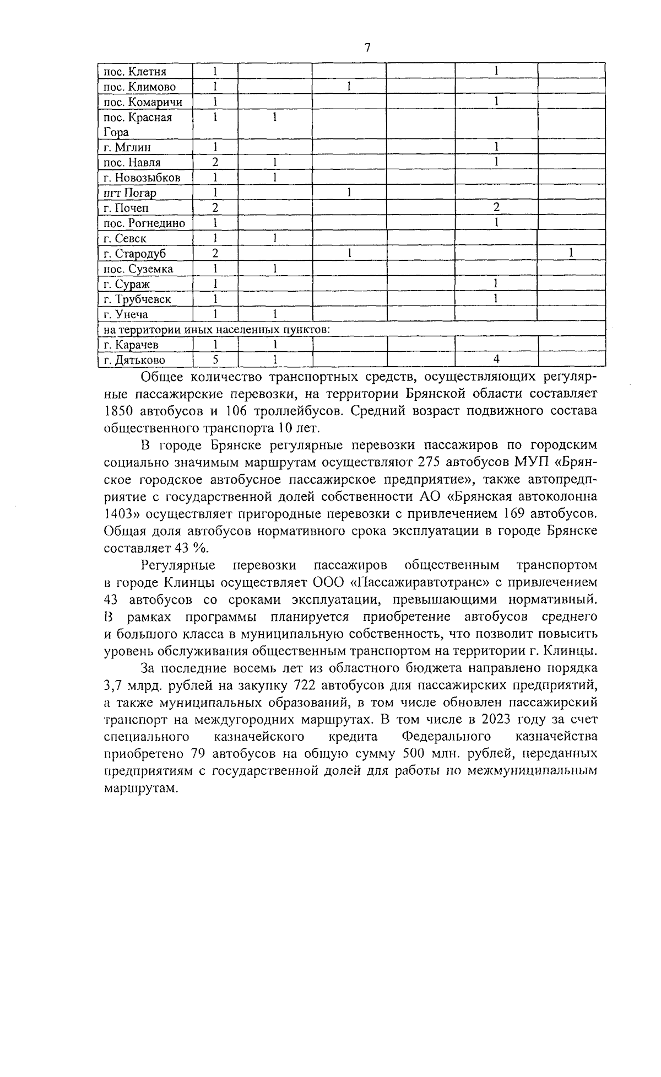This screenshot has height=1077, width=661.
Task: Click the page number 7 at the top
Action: click(x=367, y=48)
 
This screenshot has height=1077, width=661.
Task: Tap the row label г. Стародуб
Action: click(x=134, y=254)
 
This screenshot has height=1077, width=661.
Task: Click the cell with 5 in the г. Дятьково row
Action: click(x=215, y=360)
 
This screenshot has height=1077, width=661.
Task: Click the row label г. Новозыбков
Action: click(x=142, y=178)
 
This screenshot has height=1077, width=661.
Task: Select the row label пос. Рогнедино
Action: click(x=144, y=223)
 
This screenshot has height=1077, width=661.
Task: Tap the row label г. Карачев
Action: click(x=131, y=345)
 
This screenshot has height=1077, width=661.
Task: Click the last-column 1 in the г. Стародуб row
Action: click(x=571, y=254)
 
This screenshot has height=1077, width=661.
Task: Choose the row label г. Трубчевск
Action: click(x=137, y=299)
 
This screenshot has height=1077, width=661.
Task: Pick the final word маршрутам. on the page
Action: click(x=141, y=789)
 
